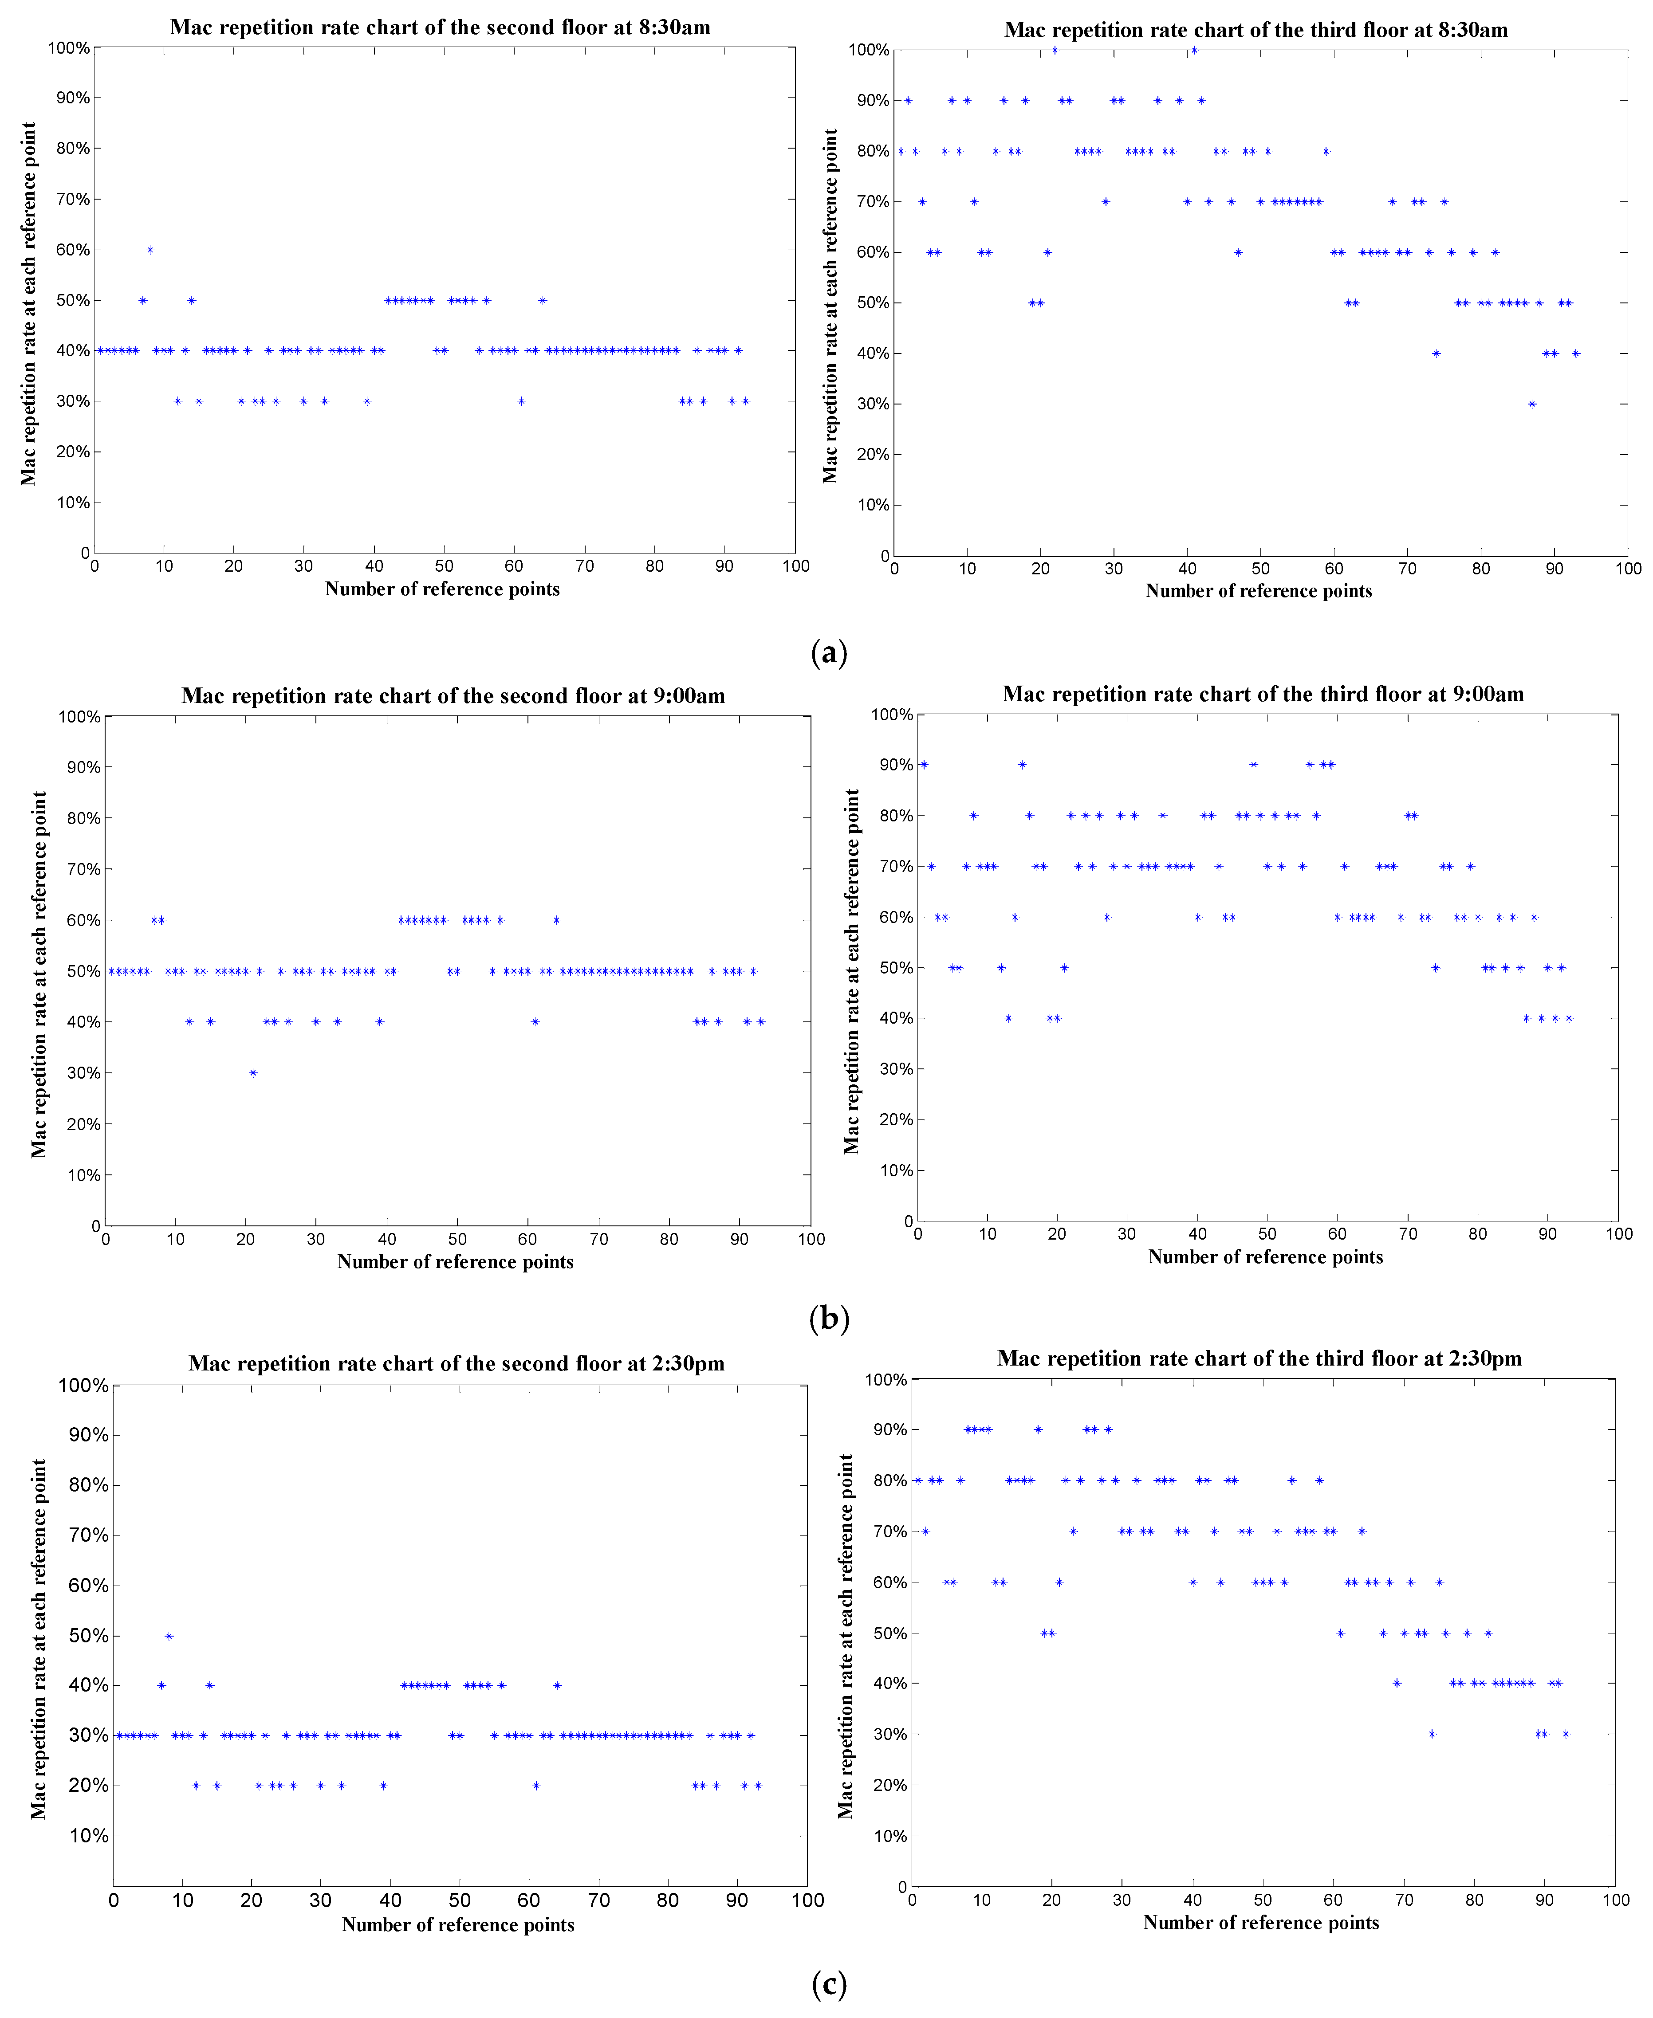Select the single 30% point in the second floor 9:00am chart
[x=253, y=1073]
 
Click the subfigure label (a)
[x=828, y=653]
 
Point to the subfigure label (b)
[x=828, y=1319]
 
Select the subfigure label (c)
[x=828, y=1985]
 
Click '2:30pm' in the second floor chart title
[x=689, y=1363]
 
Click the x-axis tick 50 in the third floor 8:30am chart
[x=1261, y=569]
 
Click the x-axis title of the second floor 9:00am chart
[x=455, y=1261]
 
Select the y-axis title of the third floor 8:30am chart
[x=830, y=306]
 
